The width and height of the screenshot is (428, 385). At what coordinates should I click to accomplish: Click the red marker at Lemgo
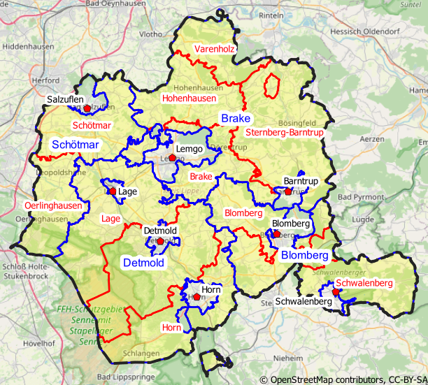pos(172,159)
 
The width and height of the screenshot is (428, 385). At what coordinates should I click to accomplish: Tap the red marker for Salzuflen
pos(86,108)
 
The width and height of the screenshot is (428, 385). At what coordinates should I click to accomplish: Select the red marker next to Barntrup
pos(287,191)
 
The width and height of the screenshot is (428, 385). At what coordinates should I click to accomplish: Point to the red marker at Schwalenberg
pos(336,292)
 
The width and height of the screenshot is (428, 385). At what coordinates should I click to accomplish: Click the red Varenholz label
pos(215,49)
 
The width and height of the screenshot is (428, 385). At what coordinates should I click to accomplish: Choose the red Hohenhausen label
pos(189,99)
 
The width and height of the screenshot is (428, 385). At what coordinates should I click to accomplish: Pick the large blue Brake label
pos(236,119)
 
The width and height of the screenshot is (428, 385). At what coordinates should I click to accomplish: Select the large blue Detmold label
pos(143,263)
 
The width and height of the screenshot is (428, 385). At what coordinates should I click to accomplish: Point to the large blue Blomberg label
pos(304,256)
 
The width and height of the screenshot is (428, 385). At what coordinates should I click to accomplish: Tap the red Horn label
pos(171,327)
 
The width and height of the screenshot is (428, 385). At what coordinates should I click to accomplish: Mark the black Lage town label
pos(127,191)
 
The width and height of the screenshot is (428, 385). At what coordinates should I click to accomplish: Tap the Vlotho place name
pos(150,33)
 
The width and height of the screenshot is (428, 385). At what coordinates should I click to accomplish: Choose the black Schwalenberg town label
pos(304,302)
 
